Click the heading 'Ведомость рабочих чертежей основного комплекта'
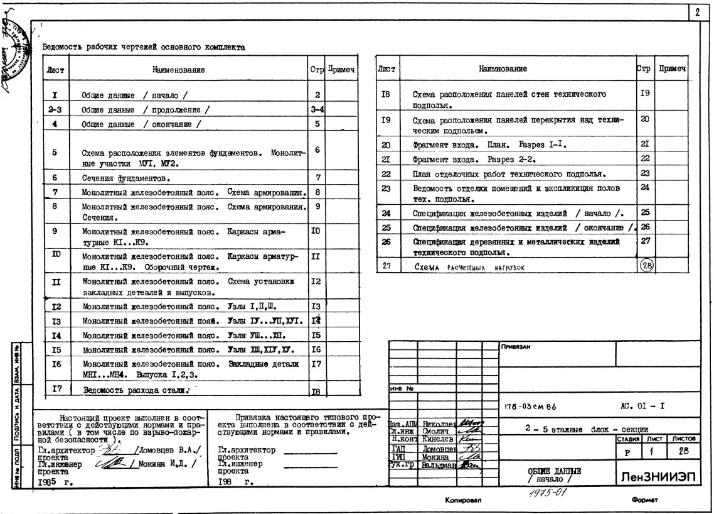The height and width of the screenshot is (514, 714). click(x=143, y=47)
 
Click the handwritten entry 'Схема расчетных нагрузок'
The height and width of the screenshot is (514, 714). click(x=469, y=267)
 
